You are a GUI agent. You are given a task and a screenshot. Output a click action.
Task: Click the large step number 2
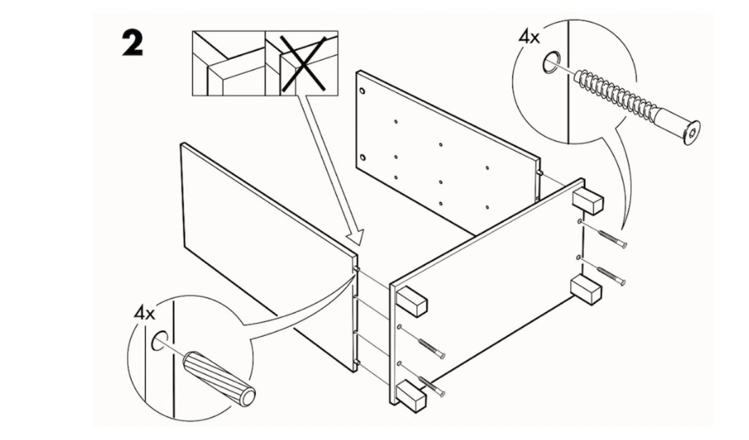coord(132,43)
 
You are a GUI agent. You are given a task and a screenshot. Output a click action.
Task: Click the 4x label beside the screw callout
coord(529,37)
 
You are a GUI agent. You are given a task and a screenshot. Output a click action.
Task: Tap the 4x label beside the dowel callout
coord(144,313)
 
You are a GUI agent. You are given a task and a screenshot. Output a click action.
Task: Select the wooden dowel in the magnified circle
coord(219,377)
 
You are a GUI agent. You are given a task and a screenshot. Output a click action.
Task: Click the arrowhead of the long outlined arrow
coord(356,238)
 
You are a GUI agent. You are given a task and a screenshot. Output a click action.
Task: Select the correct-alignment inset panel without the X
coord(228,63)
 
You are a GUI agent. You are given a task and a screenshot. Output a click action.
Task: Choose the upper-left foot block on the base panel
coord(412,301)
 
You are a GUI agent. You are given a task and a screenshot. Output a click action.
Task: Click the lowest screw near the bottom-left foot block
coord(432,387)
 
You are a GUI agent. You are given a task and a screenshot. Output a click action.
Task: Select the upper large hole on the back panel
coord(362,91)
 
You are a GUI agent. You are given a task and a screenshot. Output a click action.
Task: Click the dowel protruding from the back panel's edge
coord(539,173)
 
